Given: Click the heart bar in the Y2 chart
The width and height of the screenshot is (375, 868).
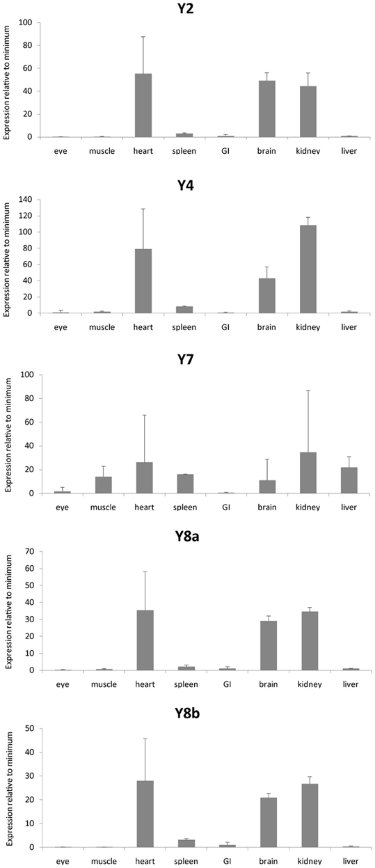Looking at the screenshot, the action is (143, 105).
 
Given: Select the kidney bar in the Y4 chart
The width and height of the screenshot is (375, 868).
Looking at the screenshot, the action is (308, 269).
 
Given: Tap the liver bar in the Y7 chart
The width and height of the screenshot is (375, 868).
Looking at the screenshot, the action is (349, 480).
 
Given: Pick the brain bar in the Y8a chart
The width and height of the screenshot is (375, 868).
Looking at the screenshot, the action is (269, 645).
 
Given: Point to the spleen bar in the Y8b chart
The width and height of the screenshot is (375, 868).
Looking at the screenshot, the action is (186, 843).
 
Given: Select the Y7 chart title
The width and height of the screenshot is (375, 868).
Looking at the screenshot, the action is (186, 360).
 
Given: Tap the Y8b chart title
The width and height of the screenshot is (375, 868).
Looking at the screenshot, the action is (187, 713).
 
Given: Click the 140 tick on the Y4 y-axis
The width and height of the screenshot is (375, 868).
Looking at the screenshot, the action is (26, 200).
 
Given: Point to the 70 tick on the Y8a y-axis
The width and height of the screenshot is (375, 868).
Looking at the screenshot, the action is (29, 551).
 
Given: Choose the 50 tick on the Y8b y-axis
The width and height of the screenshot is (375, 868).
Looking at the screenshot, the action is (30, 729).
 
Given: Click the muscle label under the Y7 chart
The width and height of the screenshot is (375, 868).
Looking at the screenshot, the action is (103, 507).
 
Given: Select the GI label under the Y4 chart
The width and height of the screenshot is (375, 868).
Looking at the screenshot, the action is (225, 327).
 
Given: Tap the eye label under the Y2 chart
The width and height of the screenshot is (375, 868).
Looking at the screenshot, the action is (61, 151).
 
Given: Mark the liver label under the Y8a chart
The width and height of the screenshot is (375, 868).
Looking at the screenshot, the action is (351, 684).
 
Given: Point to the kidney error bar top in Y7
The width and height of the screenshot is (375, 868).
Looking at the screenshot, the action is (308, 390).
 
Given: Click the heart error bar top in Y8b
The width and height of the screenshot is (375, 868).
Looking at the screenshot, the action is (145, 739).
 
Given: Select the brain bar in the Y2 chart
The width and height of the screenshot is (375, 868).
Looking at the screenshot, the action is (267, 109).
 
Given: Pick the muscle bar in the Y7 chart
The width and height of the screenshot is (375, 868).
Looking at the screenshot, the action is (104, 485).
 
